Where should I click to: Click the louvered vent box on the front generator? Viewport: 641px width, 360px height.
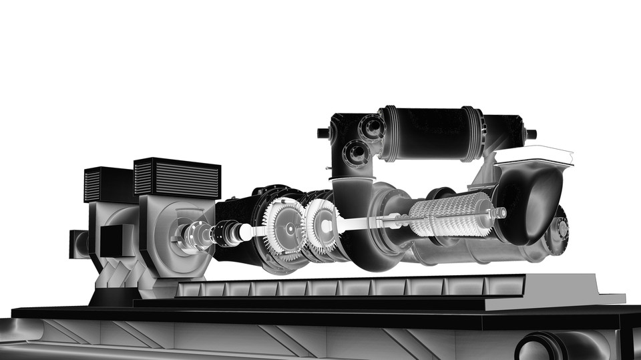point(177,178)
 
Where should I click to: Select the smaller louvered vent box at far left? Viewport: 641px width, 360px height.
point(101,184)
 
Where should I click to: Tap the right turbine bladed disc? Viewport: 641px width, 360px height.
point(323,223)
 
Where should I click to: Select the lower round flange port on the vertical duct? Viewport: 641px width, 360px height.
point(357,153)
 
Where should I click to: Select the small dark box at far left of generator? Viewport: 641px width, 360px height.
point(78,244)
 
